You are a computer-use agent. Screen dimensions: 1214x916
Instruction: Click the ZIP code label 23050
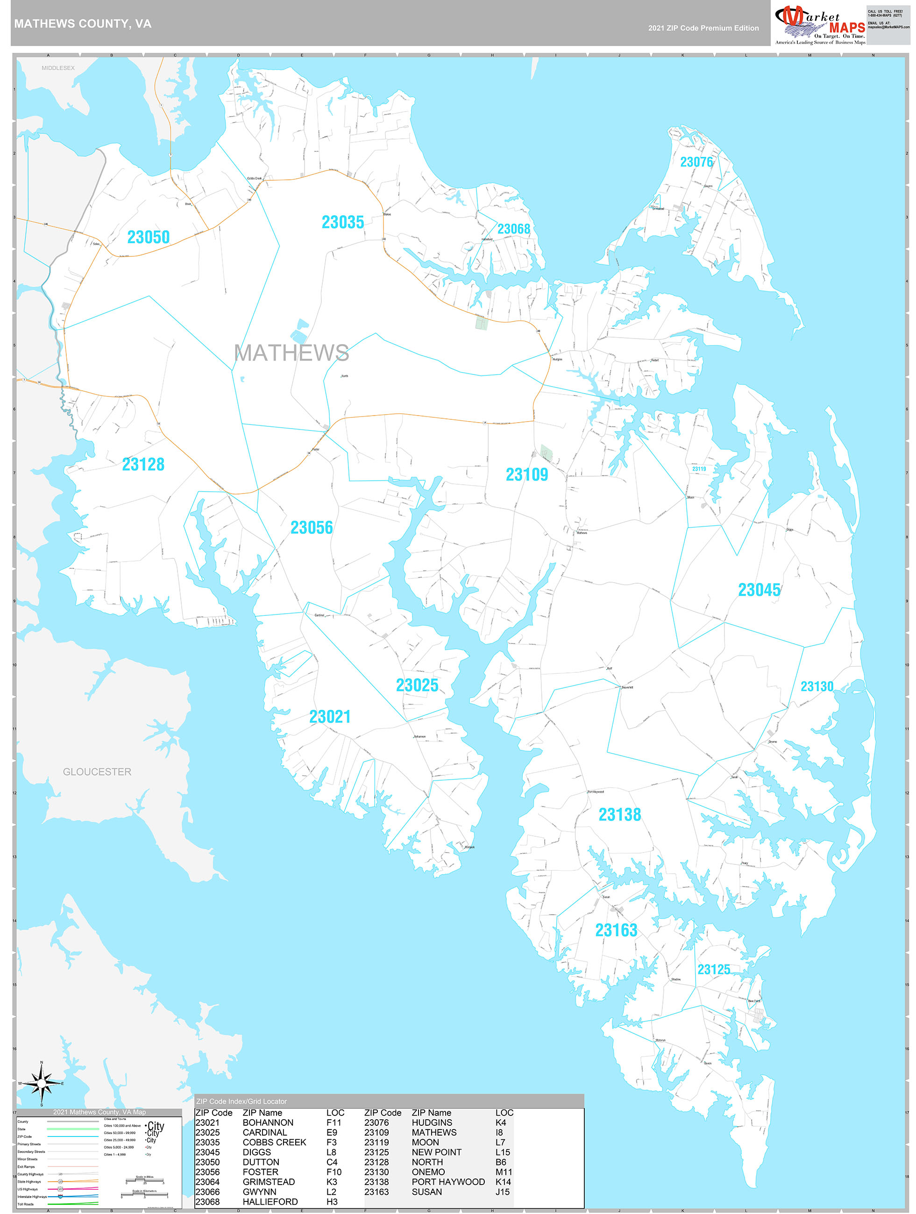tap(148, 237)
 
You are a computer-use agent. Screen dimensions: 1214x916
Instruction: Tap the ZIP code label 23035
tap(343, 222)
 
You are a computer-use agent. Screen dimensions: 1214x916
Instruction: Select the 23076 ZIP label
tap(696, 162)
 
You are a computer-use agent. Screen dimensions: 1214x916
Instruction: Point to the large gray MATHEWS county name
tap(291, 353)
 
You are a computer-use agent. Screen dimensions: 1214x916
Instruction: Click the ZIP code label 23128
tap(143, 464)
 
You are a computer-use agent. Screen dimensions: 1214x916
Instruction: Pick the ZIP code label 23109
tap(526, 475)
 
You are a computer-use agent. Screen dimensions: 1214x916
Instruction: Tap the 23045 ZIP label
tap(759, 590)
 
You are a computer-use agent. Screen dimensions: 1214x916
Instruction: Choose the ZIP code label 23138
tap(619, 814)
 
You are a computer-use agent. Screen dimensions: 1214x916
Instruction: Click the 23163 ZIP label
tap(616, 930)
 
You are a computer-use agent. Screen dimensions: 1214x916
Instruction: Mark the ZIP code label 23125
tap(713, 970)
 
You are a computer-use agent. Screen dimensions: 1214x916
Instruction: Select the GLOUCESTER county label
tap(97, 772)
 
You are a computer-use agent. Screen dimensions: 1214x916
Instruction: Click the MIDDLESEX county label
tap(58, 68)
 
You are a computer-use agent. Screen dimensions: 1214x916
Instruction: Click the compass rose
tap(41, 1083)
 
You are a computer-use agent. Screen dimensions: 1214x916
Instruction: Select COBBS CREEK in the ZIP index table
tap(274, 1142)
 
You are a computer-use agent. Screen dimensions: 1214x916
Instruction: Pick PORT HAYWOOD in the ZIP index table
tap(448, 1182)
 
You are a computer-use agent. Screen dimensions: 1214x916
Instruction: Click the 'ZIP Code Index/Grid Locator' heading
tap(241, 1101)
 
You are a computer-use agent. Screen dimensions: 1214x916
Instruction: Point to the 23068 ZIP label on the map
tap(513, 229)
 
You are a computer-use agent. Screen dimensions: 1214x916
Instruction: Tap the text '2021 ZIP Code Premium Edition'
tap(703, 28)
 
